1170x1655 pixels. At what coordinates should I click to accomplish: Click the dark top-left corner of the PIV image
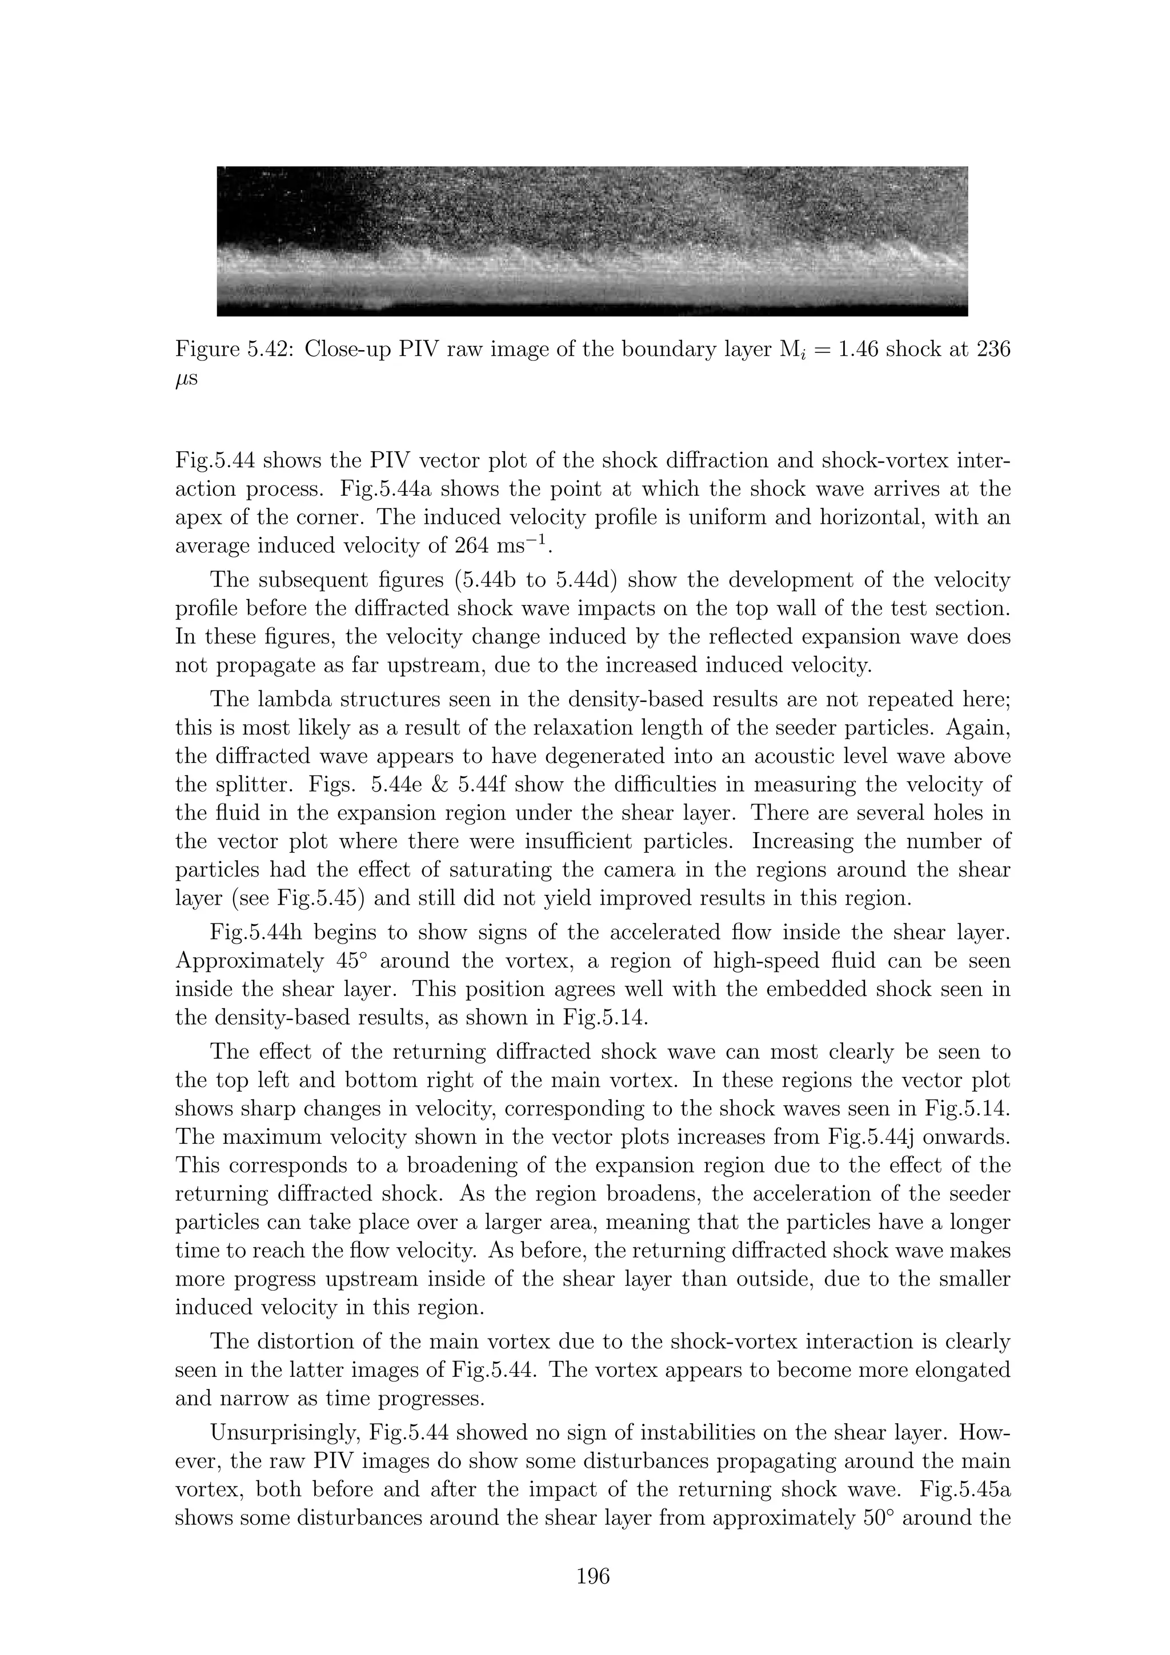click(x=245, y=187)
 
